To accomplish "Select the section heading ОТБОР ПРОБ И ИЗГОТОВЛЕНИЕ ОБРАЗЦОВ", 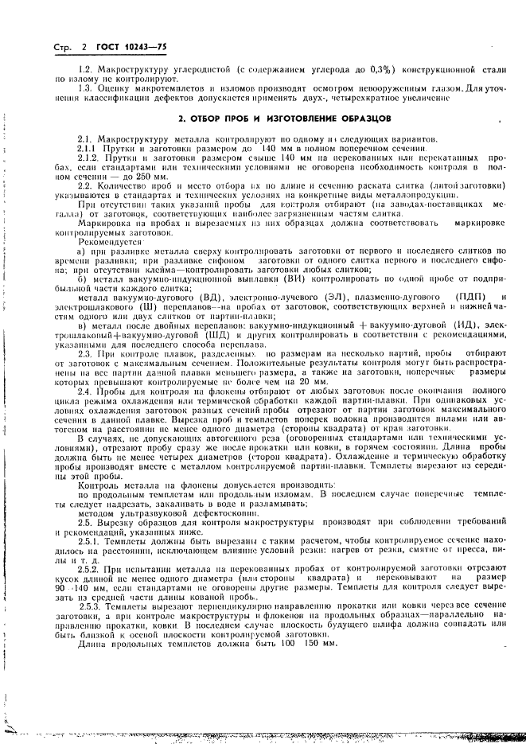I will coord(283,118).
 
